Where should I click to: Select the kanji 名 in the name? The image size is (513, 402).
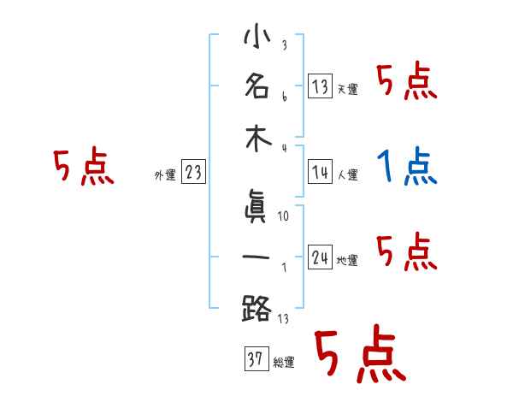256,86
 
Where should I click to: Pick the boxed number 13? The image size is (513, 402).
320,86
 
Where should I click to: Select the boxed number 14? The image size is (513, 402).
320,172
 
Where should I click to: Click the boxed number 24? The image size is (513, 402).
320,257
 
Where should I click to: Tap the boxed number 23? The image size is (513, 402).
193,173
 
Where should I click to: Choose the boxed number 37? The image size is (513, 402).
255,360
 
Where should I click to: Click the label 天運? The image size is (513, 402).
347,89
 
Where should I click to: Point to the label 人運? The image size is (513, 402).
347,174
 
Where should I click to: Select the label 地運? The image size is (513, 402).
347,260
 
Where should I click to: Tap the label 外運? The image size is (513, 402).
165,175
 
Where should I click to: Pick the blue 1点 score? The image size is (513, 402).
407,168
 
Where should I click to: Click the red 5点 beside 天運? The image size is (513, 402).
407,83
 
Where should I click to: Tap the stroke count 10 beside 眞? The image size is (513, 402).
284,216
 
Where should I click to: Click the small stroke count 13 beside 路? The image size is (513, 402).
284,318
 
